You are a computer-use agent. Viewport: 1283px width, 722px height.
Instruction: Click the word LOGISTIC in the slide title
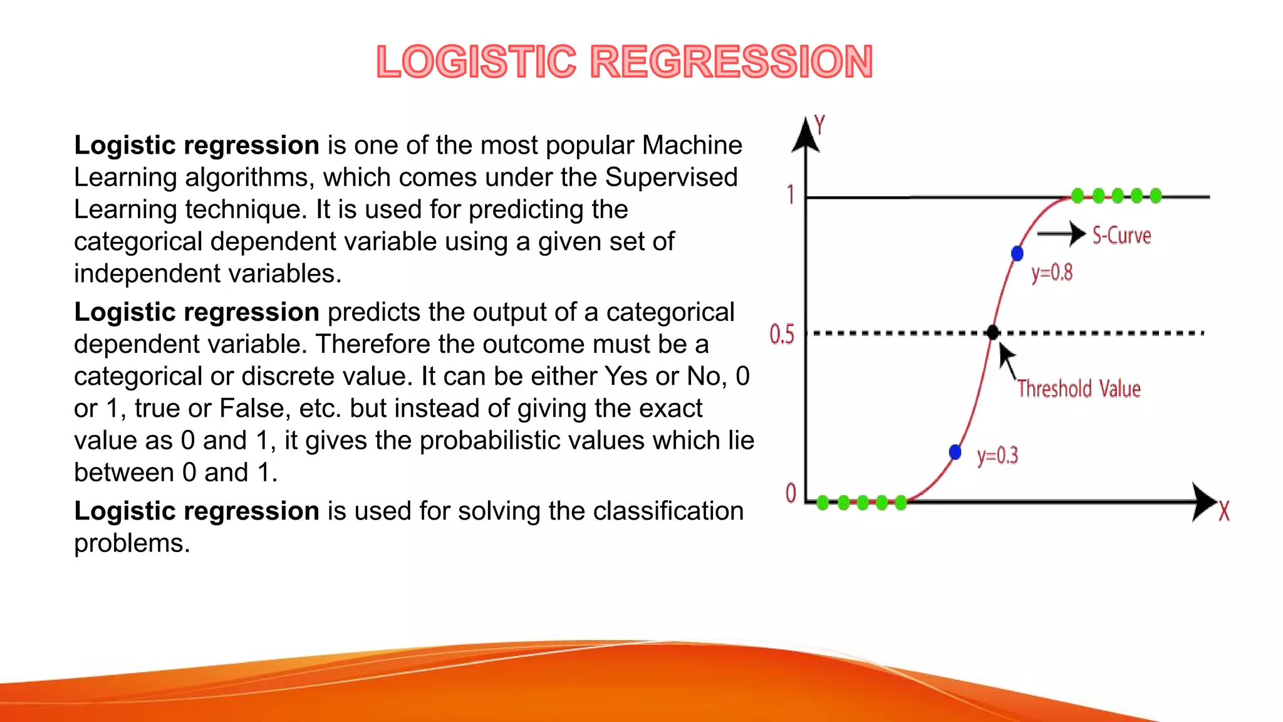(476, 62)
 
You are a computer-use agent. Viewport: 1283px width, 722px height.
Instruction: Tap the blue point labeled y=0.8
(1017, 253)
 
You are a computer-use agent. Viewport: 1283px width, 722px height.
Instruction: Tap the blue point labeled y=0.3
(955, 452)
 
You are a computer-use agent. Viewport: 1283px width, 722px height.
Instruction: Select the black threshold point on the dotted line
(993, 332)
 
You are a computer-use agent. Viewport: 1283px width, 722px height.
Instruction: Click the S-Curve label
(1121, 236)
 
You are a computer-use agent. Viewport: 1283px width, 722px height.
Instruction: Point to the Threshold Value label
(1079, 389)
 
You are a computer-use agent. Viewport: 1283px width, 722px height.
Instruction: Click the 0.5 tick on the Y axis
(782, 334)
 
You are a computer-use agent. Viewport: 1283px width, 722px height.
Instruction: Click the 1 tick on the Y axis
(791, 195)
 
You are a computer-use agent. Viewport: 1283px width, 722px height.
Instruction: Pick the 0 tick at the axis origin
(791, 493)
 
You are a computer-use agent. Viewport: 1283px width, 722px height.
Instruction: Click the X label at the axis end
(1223, 511)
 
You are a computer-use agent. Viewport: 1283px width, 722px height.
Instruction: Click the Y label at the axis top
(819, 125)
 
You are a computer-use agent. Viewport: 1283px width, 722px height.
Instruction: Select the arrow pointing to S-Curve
(1061, 234)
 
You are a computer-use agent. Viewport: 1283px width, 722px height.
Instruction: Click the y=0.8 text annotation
(1052, 273)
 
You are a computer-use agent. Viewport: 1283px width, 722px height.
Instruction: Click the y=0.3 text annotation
(997, 455)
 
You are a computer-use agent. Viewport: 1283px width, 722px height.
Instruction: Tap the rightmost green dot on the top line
(1156, 196)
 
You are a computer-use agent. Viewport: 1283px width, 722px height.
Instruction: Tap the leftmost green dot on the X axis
(823, 502)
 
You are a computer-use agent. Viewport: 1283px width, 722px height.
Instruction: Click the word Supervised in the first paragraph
(671, 177)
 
